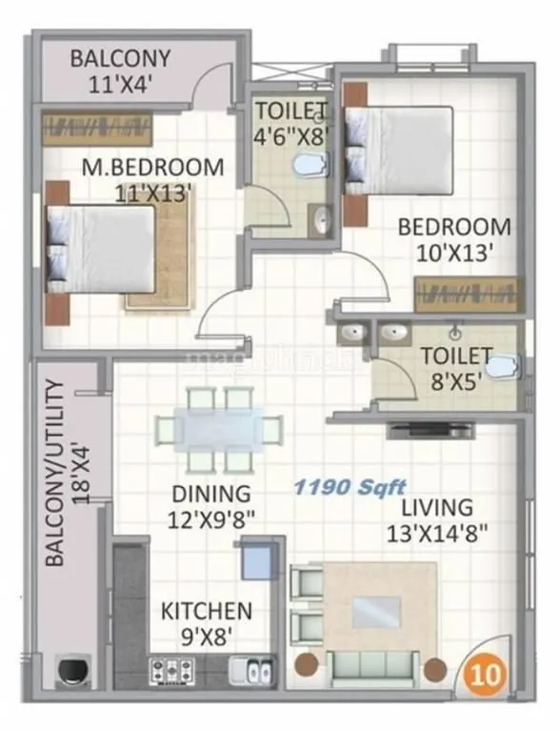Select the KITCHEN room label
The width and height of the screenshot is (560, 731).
(x=206, y=610)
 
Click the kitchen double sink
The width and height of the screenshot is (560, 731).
(x=259, y=671)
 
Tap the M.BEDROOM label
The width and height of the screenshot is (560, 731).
(x=152, y=168)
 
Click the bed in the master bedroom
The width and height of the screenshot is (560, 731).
(x=99, y=249)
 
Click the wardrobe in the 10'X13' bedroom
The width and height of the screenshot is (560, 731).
(x=468, y=294)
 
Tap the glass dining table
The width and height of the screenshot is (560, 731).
(x=218, y=430)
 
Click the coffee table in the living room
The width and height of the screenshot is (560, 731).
(x=377, y=611)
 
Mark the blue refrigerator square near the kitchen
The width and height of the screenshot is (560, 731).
(x=257, y=561)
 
